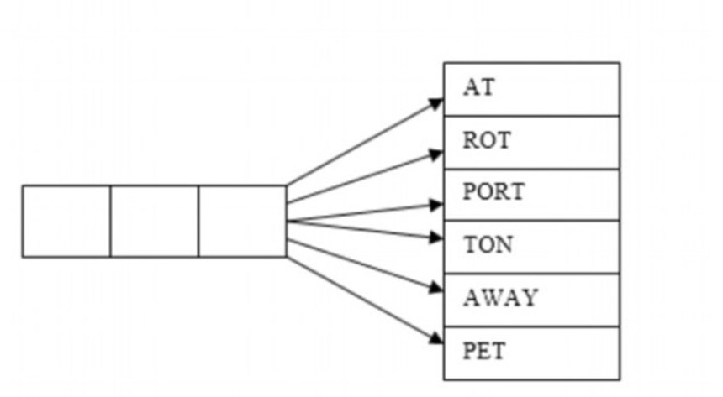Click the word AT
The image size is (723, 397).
[478, 87]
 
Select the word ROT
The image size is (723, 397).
[486, 140]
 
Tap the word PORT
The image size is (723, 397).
[493, 192]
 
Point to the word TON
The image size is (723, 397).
[488, 245]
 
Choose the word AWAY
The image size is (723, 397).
[499, 298]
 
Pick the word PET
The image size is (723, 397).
[484, 350]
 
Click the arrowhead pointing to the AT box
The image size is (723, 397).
[435, 103]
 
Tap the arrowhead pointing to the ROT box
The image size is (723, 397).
[435, 154]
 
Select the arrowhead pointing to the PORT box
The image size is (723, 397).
[435, 204]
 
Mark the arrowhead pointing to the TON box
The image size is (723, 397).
[435, 238]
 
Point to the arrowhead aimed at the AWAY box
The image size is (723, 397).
[435, 288]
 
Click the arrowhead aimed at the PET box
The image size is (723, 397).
[435, 338]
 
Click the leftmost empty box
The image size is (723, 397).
[66, 221]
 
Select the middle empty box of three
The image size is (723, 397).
[155, 221]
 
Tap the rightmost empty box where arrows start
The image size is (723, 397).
[242, 221]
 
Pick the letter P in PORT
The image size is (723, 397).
[469, 192]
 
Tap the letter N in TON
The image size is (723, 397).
[504, 245]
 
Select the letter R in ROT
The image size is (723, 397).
[469, 140]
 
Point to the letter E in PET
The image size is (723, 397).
[484, 350]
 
